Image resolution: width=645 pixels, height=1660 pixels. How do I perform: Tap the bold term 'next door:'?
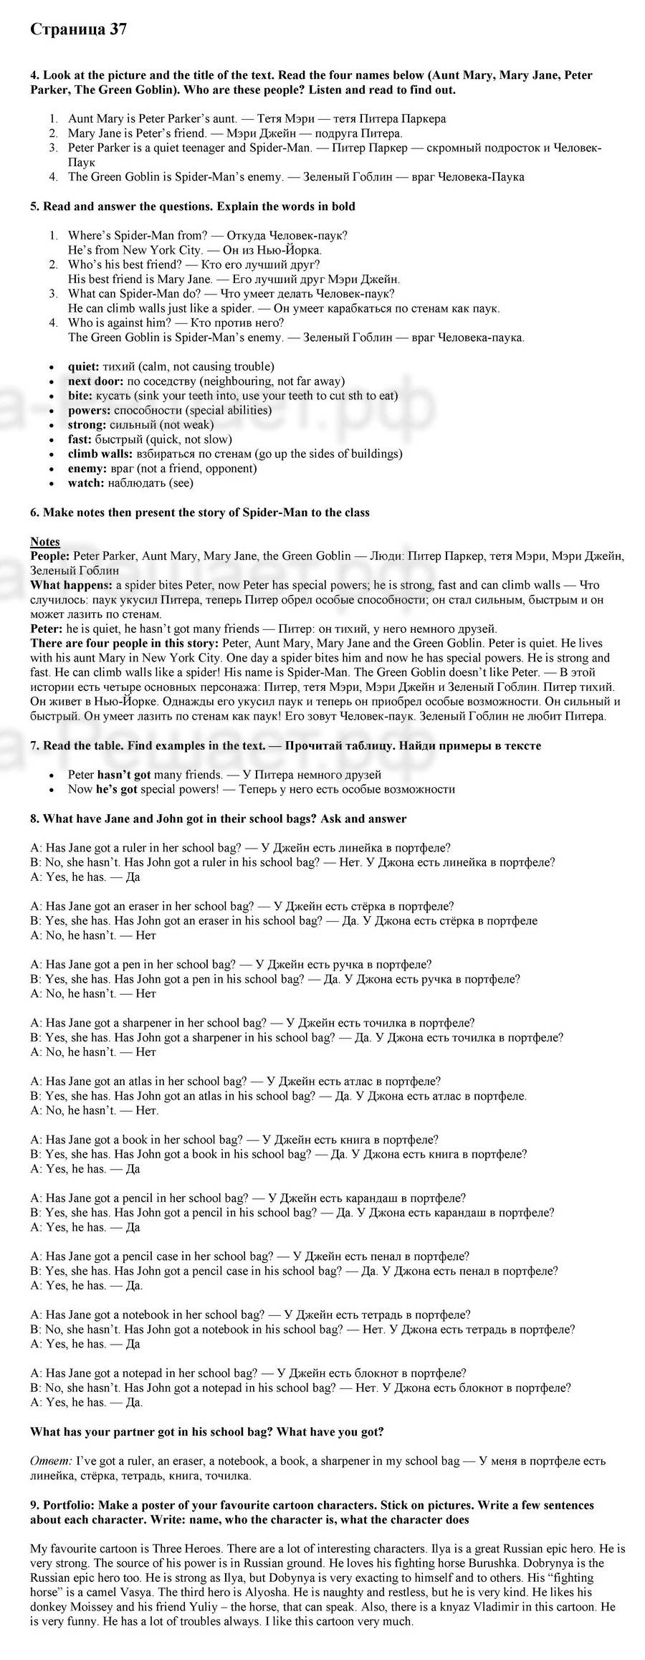95,381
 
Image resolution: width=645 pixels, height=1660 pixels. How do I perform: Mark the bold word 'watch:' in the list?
86,483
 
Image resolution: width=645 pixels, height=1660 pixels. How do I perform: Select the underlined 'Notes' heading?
44,541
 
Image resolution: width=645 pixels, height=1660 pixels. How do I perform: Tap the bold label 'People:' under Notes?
50,555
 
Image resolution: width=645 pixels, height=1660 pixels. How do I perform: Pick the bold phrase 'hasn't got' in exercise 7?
124,774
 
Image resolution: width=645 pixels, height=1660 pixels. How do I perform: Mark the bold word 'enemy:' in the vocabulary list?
86,468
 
